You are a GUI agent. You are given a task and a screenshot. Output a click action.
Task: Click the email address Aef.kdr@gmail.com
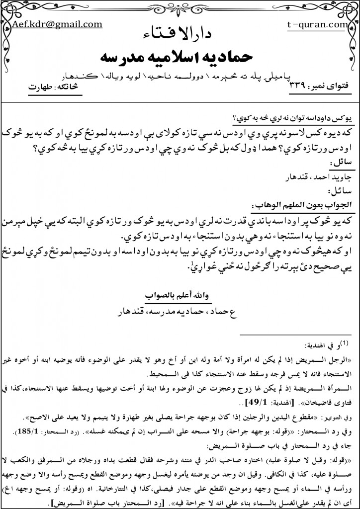(x=58, y=23)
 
